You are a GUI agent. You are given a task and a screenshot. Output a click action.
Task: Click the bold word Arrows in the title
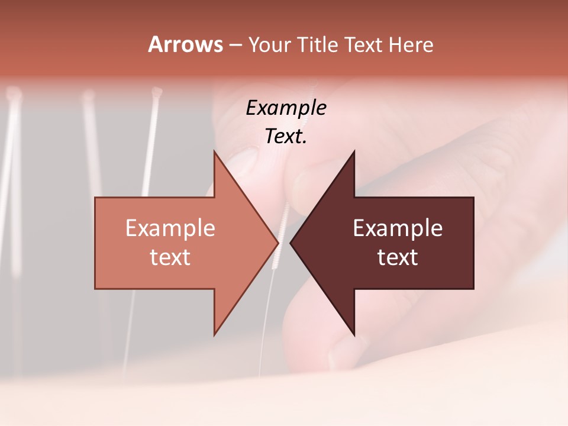[185, 44]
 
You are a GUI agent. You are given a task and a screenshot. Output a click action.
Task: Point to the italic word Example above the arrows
[286, 108]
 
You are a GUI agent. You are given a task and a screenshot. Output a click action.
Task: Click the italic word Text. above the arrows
[286, 136]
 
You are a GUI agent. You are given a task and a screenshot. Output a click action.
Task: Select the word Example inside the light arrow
[170, 228]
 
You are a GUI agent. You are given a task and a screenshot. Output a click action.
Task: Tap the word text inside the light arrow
[170, 257]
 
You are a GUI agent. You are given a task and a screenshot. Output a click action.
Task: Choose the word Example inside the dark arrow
[398, 228]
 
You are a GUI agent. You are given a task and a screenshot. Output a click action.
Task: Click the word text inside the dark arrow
[398, 257]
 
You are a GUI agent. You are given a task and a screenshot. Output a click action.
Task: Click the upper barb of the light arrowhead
[215, 151]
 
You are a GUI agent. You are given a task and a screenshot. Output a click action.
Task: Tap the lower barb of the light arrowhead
[215, 334]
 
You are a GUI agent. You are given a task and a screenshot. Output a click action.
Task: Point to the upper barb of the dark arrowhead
[354, 151]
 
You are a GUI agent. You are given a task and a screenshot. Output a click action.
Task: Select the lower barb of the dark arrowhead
[354, 335]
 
